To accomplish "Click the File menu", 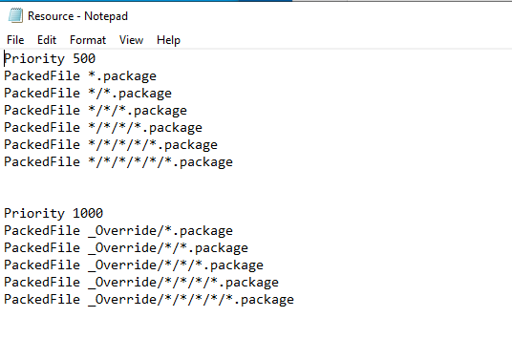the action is point(15,40).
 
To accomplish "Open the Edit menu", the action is point(47,40).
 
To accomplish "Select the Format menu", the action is point(88,40).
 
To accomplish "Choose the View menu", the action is point(131,40).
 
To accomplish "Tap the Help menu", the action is point(168,40).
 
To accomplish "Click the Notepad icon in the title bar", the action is point(15,15).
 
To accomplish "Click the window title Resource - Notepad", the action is point(77,16).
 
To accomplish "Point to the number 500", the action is point(84,59).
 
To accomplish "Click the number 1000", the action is point(88,214).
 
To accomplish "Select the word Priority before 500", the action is point(34,59).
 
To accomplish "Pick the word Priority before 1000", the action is point(34,214).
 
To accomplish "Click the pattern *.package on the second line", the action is point(122,76).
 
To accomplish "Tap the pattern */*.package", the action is point(130,94).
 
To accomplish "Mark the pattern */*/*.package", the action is point(138,111).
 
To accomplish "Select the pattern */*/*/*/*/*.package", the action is point(160,162).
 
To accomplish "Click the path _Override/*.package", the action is point(160,231).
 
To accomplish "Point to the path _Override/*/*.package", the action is point(168,248).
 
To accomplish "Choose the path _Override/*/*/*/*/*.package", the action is point(191,300).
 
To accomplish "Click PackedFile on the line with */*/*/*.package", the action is point(42,128).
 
